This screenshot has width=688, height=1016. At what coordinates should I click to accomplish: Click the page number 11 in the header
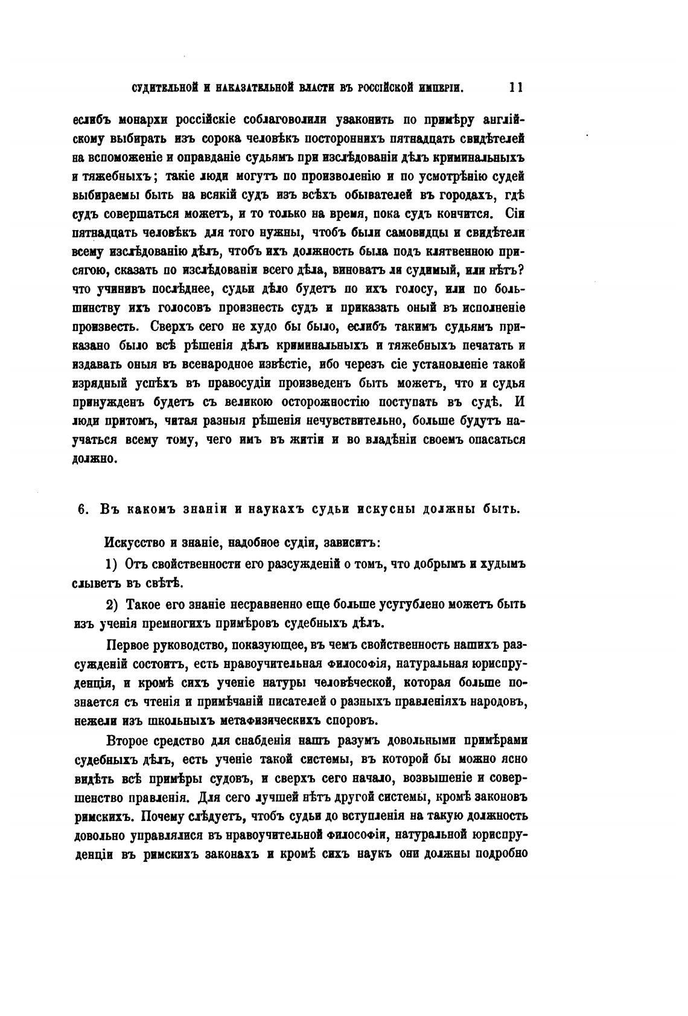[515, 87]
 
